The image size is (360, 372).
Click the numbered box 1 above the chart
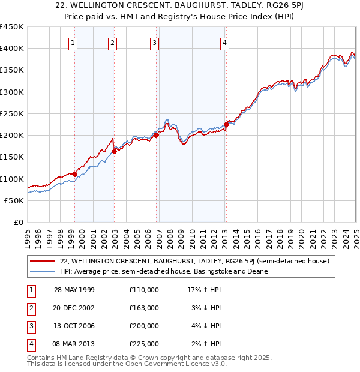(x=73, y=43)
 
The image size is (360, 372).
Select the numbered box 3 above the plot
(x=154, y=43)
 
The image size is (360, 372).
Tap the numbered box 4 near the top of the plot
(x=224, y=43)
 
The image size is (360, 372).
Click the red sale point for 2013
(x=226, y=125)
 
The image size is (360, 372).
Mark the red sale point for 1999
(x=75, y=175)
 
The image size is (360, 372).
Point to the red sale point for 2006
(x=156, y=136)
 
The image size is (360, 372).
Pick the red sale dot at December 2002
(x=114, y=151)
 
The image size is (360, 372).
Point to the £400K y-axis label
(x=12, y=49)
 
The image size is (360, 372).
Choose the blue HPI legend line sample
(x=43, y=271)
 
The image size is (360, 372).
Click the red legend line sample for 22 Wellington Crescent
(x=43, y=262)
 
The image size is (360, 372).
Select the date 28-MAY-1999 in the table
(x=74, y=290)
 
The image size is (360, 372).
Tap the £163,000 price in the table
(x=144, y=308)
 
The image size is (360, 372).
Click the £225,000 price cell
(x=144, y=344)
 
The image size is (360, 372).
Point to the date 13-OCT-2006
(x=74, y=326)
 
